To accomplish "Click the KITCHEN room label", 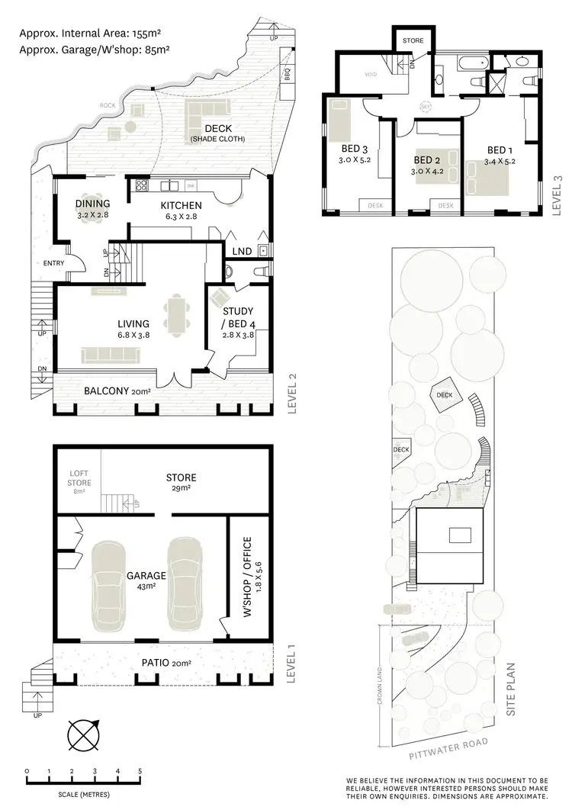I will (x=181, y=205).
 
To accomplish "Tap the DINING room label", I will (x=92, y=204).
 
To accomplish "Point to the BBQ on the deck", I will (x=288, y=76).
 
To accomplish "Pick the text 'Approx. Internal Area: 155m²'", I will (x=92, y=34).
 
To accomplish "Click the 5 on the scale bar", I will (x=140, y=771).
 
